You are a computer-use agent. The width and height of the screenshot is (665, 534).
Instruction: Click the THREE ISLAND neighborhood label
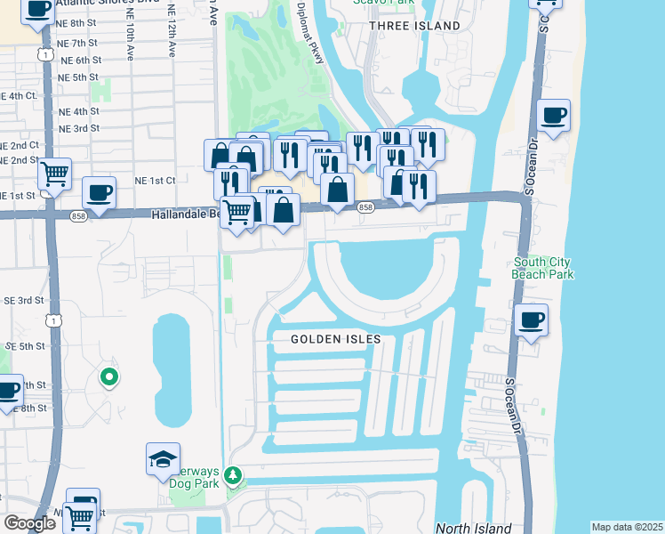click(x=415, y=26)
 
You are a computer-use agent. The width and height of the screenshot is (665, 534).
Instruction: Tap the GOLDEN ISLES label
click(x=336, y=339)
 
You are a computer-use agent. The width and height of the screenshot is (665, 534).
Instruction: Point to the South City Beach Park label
click(x=542, y=268)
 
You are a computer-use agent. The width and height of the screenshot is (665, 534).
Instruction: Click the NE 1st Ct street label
click(x=155, y=180)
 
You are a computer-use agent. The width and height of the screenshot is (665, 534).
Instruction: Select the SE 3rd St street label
click(x=25, y=301)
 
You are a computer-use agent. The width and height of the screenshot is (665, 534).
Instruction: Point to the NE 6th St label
click(x=80, y=60)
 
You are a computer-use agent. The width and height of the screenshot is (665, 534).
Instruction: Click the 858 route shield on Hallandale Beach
click(x=365, y=207)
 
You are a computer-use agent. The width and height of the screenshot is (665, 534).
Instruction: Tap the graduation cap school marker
click(x=163, y=458)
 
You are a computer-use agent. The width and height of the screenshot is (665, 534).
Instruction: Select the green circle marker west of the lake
click(x=108, y=377)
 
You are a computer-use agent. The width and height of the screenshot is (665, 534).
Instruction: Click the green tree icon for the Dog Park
click(x=233, y=476)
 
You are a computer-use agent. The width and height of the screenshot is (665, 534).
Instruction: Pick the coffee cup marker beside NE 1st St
click(x=99, y=191)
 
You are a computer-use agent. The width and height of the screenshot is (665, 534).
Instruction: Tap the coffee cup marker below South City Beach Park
click(x=531, y=320)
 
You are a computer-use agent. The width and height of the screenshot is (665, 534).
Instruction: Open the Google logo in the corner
click(x=29, y=522)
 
